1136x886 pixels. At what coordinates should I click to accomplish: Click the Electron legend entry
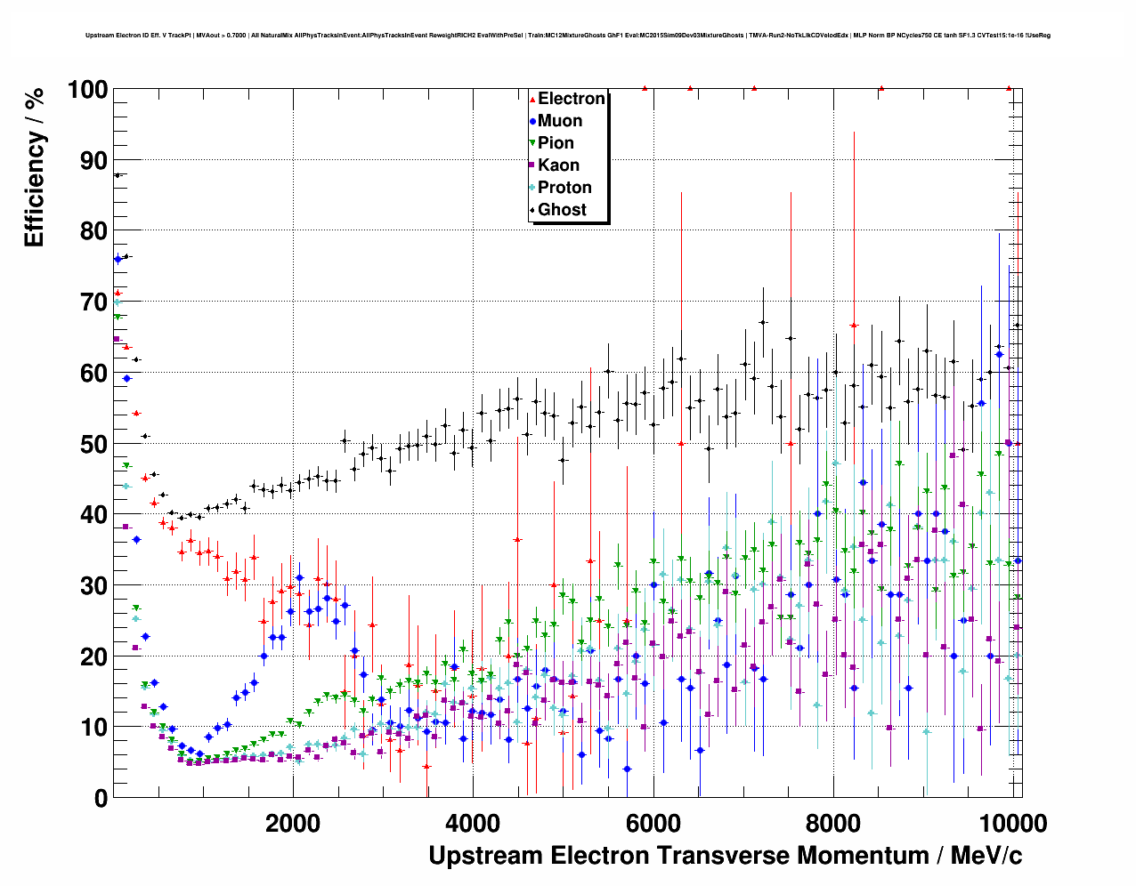pyautogui.click(x=571, y=99)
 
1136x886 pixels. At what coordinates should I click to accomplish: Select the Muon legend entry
pyautogui.click(x=559, y=121)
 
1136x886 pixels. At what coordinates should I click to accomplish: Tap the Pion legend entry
pyautogui.click(x=556, y=143)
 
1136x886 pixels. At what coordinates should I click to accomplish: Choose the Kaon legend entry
pyautogui.click(x=558, y=165)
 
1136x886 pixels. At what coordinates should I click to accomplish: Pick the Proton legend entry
pyautogui.click(x=564, y=188)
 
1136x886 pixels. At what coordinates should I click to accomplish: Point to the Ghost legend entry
pyautogui.click(x=562, y=210)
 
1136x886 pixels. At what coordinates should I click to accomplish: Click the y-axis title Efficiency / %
pyautogui.click(x=35, y=167)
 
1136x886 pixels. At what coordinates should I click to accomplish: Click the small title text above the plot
pyautogui.click(x=568, y=36)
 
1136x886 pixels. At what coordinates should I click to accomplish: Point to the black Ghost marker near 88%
pyautogui.click(x=117, y=175)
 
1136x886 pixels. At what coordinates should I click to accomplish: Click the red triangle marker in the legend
pyautogui.click(x=532, y=99)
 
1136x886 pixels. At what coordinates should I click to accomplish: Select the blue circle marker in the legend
pyautogui.click(x=532, y=121)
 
